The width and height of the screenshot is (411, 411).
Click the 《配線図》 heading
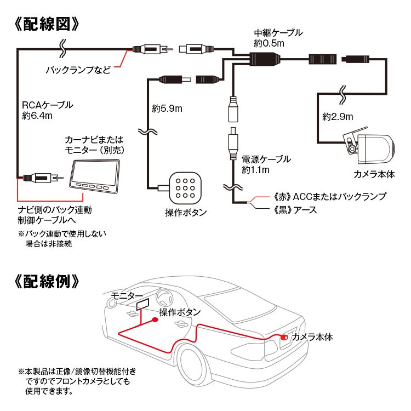[x=47, y=25]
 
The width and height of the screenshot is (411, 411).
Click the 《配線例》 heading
[x=47, y=282]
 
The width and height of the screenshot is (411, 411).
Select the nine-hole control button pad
[x=185, y=188]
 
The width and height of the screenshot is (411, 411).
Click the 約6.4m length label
[x=37, y=116]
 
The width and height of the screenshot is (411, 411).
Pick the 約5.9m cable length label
[x=167, y=109]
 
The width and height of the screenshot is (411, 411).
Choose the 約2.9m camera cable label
[x=338, y=117]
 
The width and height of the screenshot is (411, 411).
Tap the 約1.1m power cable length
[x=255, y=170]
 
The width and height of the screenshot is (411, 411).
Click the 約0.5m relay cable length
[x=269, y=43]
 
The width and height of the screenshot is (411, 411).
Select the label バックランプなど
[x=78, y=70]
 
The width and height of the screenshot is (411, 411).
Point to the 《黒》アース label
[x=295, y=210]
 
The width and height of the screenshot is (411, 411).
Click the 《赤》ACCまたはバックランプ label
[x=329, y=197]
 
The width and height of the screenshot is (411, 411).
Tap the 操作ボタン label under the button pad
[x=186, y=212]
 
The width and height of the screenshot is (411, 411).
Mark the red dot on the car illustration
[x=155, y=319]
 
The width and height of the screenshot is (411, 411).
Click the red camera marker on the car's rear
[x=284, y=338]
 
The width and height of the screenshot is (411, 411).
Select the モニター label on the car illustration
[x=127, y=296]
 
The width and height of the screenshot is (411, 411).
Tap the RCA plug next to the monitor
[x=41, y=178]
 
